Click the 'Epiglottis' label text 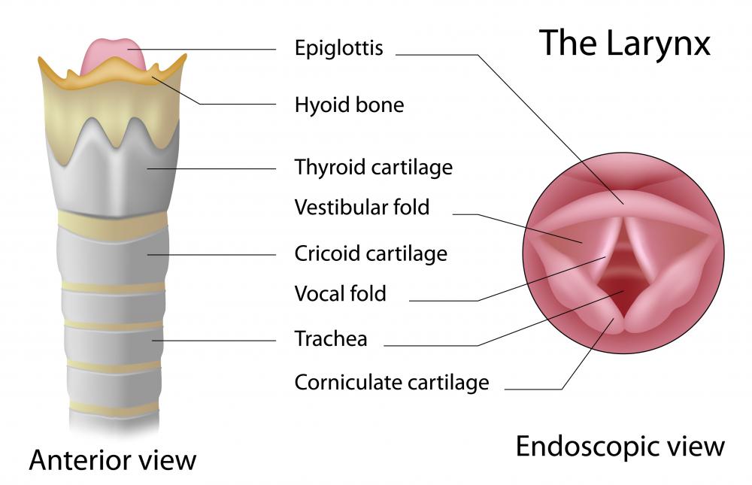pyautogui.click(x=338, y=49)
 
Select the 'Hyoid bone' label pyautogui.click(x=349, y=105)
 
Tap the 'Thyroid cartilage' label pyautogui.click(x=373, y=166)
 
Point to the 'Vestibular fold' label pyautogui.click(x=362, y=207)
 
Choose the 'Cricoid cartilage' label pyautogui.click(x=371, y=253)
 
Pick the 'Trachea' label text pyautogui.click(x=331, y=338)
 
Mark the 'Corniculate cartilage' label pyautogui.click(x=392, y=382)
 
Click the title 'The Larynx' pyautogui.click(x=624, y=43)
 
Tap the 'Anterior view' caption pyautogui.click(x=113, y=459)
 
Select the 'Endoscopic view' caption pyautogui.click(x=620, y=446)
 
